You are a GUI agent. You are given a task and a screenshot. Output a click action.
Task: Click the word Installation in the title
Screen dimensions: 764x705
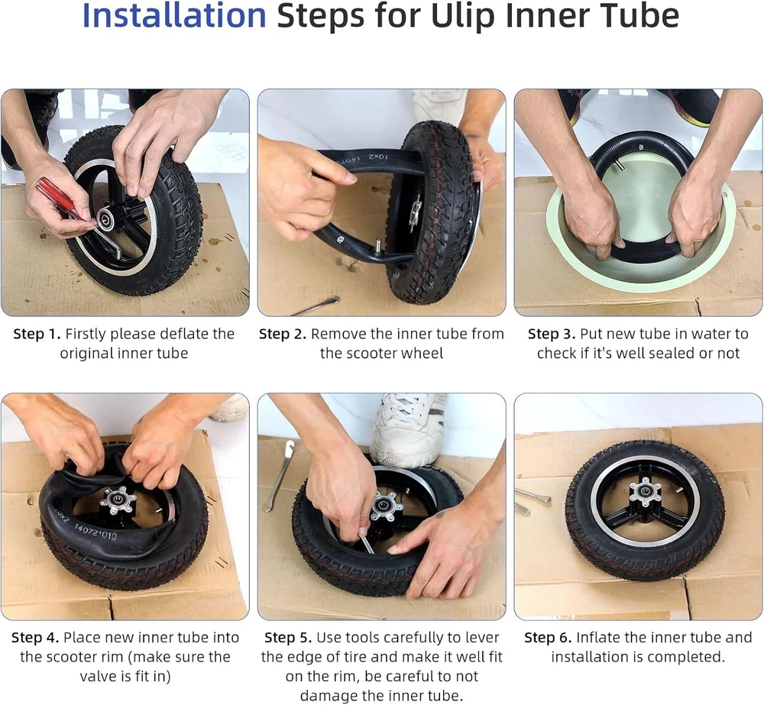coord(174,15)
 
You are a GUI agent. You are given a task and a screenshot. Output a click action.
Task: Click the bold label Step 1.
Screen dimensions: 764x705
coord(37,334)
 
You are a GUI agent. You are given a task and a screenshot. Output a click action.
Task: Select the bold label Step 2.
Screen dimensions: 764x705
coord(283,334)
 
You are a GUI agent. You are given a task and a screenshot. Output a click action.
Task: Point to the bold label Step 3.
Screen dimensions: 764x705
coord(552,334)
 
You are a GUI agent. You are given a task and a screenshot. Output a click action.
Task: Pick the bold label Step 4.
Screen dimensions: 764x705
coord(35,637)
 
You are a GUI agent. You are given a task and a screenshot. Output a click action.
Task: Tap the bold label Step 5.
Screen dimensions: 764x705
coord(288,637)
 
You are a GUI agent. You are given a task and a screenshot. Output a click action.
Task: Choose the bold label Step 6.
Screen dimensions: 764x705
coord(548,637)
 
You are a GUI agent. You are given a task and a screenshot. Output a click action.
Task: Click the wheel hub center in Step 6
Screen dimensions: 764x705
coord(645,492)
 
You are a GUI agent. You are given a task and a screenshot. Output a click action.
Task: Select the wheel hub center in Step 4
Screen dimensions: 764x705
coord(118,500)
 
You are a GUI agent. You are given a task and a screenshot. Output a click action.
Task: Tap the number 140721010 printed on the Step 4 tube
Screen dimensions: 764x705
coord(95,532)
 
